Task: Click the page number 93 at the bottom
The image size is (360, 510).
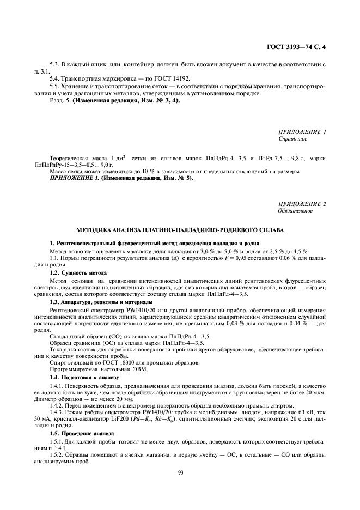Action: pyautogui.click(x=180, y=472)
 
